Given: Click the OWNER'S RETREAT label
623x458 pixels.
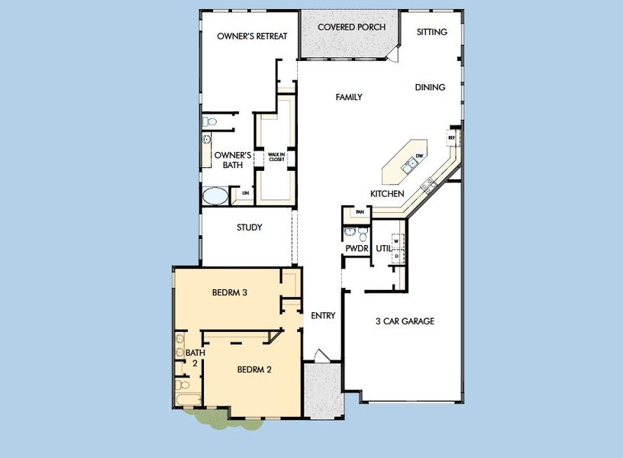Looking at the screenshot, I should click(246, 36).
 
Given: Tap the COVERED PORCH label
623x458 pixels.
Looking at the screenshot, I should click(351, 27).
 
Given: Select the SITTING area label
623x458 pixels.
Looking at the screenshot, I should click(432, 32).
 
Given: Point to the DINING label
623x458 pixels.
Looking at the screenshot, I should click(430, 87).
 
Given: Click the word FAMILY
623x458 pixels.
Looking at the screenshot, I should click(348, 97).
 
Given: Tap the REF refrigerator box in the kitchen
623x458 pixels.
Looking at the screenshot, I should click(452, 137).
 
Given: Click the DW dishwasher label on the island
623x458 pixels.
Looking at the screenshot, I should click(419, 156).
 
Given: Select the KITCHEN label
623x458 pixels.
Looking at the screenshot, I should click(387, 194).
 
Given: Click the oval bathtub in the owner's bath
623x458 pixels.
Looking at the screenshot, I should click(215, 195).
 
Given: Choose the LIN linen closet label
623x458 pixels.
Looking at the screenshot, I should click(245, 194).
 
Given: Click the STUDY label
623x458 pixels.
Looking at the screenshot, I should click(249, 227).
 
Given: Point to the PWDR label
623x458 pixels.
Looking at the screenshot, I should click(357, 249).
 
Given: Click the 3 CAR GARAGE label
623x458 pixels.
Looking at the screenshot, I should click(405, 321).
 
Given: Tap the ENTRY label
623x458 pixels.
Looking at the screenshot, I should click(323, 315).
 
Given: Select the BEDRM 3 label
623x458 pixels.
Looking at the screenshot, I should click(229, 292).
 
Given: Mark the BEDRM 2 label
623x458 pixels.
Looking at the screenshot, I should click(254, 369).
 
